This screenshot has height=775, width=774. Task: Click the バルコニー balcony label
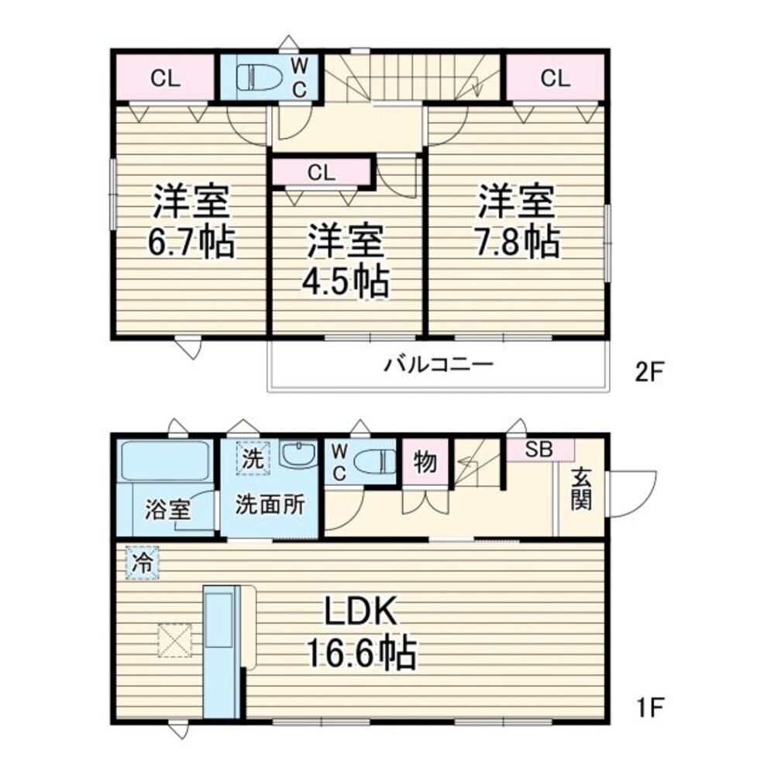(x=439, y=364)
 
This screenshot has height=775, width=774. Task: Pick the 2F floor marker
(x=649, y=373)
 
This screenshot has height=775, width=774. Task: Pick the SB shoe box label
(x=540, y=449)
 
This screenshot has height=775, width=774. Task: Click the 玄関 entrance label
(x=582, y=491)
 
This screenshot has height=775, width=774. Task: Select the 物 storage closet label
(x=425, y=463)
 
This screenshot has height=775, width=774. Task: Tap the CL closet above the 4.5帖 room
(x=321, y=173)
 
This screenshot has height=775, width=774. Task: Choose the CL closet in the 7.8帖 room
(x=555, y=77)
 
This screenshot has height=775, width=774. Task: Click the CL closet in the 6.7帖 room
(x=165, y=77)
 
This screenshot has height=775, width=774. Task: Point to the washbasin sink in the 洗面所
(x=297, y=455)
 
